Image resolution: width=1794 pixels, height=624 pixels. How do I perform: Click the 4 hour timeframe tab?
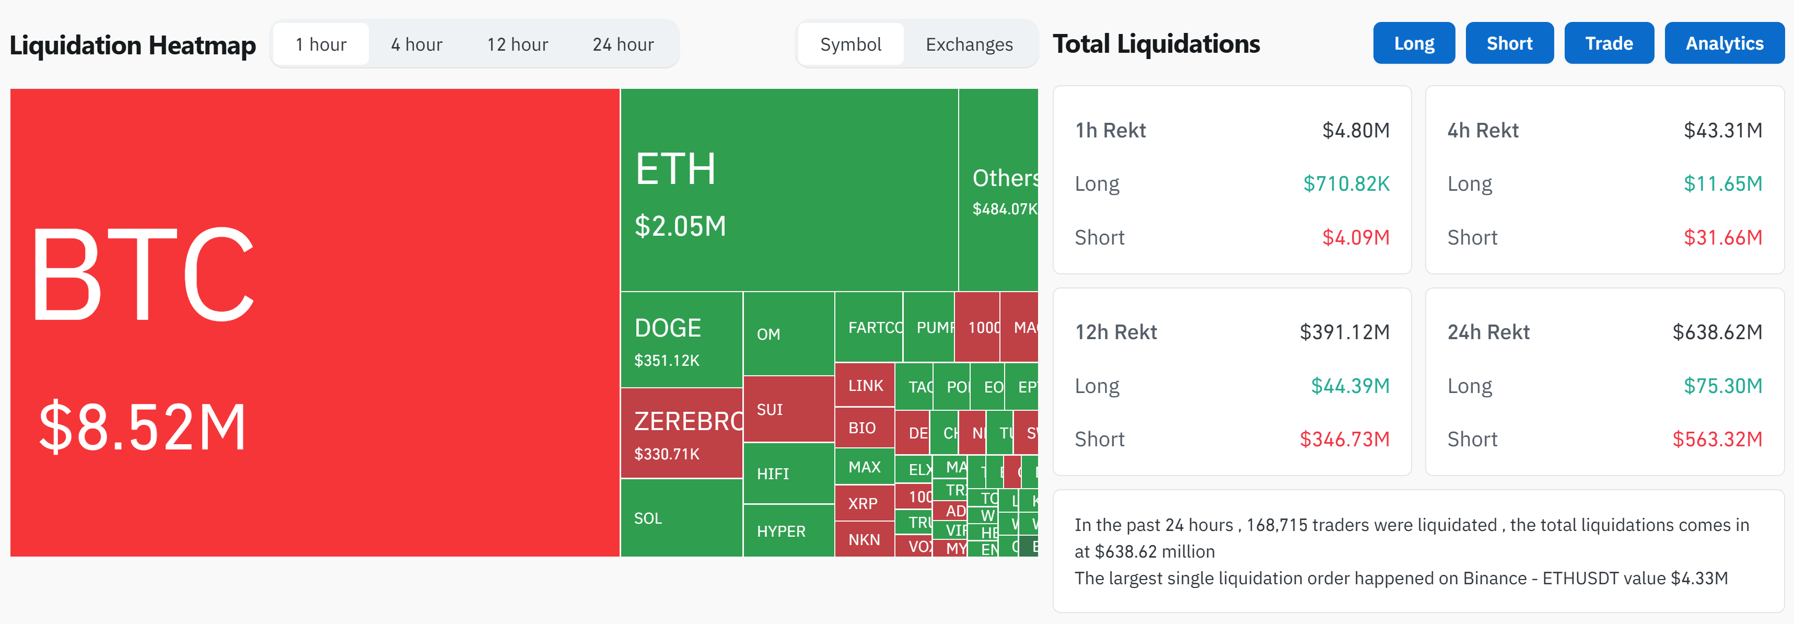(x=416, y=44)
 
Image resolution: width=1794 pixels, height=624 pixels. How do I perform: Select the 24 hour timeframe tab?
(x=623, y=44)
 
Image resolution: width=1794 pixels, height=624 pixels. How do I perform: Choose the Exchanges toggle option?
(x=969, y=44)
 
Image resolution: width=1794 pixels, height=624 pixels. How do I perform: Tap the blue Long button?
(x=1413, y=43)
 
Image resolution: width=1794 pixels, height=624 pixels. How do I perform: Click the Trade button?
(x=1608, y=43)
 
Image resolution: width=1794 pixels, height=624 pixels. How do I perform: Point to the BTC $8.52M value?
(x=142, y=427)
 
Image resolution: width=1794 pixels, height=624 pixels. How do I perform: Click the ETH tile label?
(x=675, y=169)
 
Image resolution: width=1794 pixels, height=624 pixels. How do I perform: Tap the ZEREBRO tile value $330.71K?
(x=667, y=454)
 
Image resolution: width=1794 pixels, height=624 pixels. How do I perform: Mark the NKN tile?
(x=864, y=540)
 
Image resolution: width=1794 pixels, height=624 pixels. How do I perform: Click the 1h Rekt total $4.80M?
(x=1355, y=130)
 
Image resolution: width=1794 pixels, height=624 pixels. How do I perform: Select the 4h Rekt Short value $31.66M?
(x=1722, y=237)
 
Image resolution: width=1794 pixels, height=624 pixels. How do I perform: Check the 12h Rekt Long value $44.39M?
(x=1349, y=386)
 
